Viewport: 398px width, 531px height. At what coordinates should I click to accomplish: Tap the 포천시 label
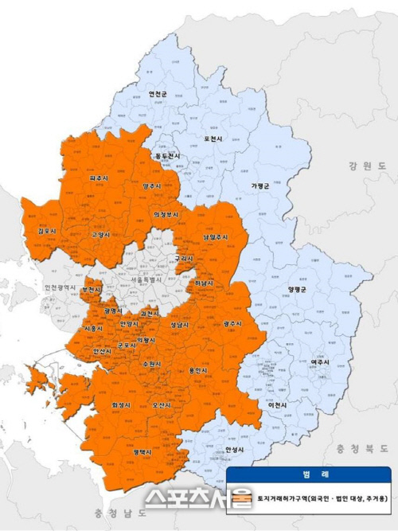213,139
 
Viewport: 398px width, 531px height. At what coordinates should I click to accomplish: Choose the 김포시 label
37,232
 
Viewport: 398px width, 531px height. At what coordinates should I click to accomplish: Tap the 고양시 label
100,236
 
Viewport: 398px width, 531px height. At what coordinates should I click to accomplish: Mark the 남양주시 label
216,237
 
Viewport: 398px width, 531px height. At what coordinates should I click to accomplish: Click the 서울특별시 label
144,280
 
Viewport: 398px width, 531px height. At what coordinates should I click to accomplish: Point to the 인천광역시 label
60,287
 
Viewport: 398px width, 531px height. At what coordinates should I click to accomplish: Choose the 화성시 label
122,405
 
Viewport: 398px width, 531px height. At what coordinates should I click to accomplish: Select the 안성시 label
233,450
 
